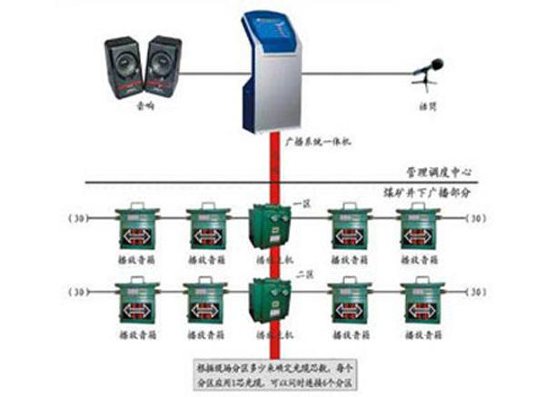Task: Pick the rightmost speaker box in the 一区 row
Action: coord(420,228)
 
